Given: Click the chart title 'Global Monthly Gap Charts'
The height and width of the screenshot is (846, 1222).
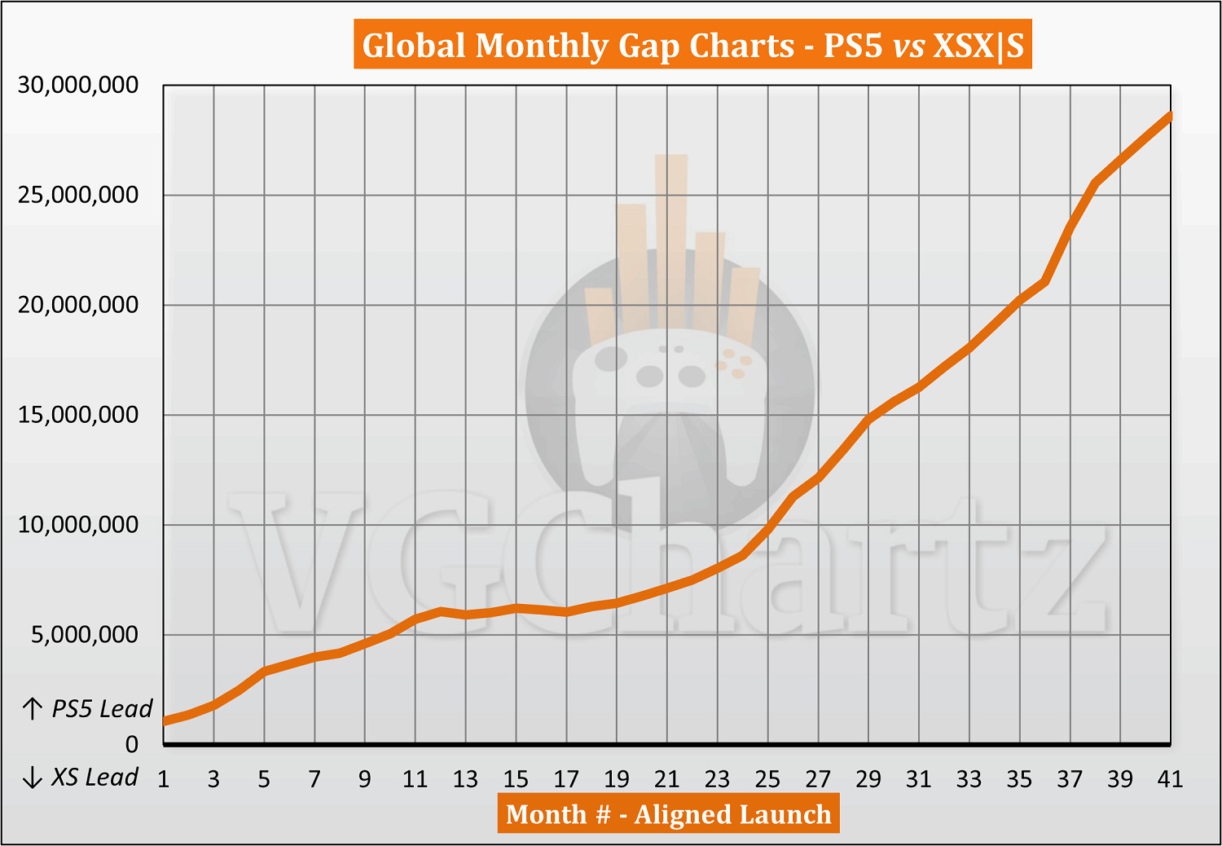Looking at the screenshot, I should click(x=578, y=46).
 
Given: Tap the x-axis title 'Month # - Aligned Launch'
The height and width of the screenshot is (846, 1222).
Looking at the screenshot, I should click(x=668, y=814).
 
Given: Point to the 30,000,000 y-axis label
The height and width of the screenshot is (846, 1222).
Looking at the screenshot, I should click(x=78, y=85).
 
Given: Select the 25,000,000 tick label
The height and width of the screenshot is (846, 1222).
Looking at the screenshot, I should click(x=78, y=195).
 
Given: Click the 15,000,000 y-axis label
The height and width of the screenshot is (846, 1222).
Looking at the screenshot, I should click(x=78, y=415).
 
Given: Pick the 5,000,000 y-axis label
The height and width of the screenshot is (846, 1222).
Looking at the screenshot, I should click(x=85, y=634).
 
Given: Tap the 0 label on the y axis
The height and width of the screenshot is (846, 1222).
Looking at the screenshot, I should click(x=131, y=744).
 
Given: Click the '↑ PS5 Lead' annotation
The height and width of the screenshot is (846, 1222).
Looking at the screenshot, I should click(x=88, y=709).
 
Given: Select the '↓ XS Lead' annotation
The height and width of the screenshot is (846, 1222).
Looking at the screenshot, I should click(x=80, y=778).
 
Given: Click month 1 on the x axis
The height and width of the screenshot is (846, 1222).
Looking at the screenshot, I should click(x=164, y=780).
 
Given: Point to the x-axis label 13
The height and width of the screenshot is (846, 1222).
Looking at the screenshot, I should click(x=465, y=780).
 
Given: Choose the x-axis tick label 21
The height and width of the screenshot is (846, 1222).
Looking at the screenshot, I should click(x=666, y=780).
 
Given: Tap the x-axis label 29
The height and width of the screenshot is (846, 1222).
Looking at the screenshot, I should click(x=868, y=780).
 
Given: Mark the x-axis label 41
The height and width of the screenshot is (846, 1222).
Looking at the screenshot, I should click(x=1170, y=780).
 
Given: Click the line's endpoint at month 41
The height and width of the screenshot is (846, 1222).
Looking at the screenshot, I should click(x=1170, y=116).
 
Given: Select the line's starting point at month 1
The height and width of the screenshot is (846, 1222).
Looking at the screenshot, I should click(x=165, y=721).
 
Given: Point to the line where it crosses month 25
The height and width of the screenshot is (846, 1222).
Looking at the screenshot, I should click(x=767, y=530).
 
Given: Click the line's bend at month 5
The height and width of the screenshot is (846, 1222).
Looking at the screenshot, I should click(x=265, y=671).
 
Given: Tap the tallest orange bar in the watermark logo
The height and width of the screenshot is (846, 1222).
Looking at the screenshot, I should click(x=671, y=236).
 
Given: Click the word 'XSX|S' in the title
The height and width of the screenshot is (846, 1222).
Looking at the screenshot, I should click(x=978, y=46).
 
